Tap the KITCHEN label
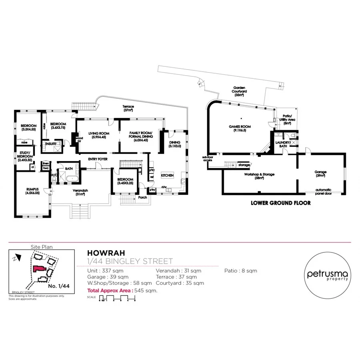click(x=167, y=175)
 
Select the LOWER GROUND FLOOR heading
click(x=280, y=203)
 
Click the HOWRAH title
click(x=100, y=253)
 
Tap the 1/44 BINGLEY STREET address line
click(x=130, y=262)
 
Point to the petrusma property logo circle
click(x=327, y=275)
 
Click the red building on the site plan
click(x=39, y=269)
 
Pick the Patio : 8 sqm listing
click(x=240, y=271)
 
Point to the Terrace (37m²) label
click(x=128, y=108)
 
